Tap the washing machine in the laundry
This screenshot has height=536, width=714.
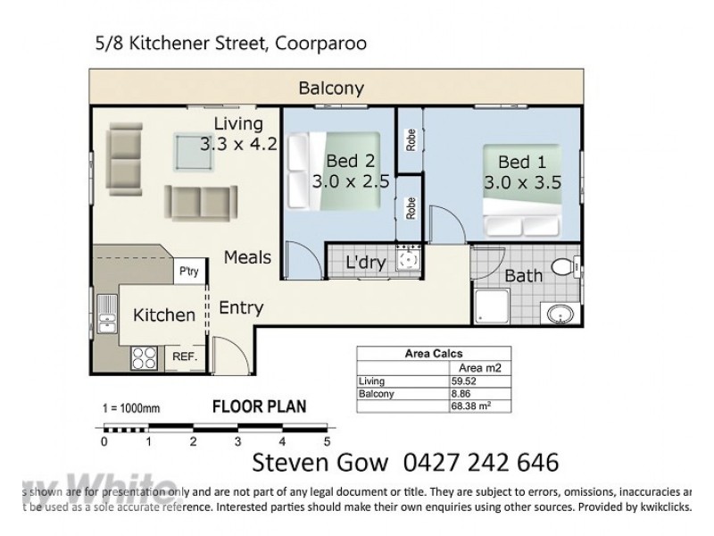(x=409, y=261)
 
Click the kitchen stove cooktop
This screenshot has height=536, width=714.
(x=145, y=358)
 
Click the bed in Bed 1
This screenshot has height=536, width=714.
(x=524, y=192)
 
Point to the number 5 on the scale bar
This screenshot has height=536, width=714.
(x=327, y=441)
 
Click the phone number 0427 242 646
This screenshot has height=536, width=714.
(x=483, y=463)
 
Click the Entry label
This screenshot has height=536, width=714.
(x=241, y=308)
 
